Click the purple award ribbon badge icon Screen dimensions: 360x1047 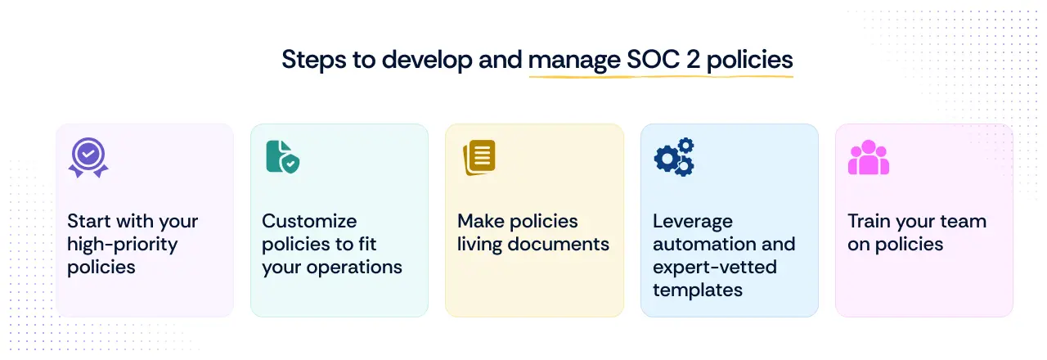tap(88, 157)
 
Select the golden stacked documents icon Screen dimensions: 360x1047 tap(479, 157)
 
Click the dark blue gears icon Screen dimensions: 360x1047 tap(674, 157)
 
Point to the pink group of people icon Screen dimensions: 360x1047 tap(868, 157)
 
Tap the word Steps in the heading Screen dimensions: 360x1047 tap(312, 60)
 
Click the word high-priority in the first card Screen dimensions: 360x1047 tap(122, 244)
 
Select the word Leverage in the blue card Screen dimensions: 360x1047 tap(692, 221)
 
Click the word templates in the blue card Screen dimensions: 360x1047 tap(697, 290)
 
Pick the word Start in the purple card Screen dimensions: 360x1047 tap(90, 221)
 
